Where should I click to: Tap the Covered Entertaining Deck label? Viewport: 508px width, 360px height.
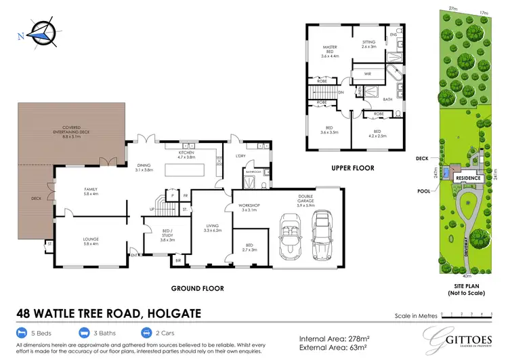coord(71,129)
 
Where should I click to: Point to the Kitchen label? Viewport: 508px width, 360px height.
coord(186,155)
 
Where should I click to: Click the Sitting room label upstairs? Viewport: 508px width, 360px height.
coord(369,44)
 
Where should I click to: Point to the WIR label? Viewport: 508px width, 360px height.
coord(367,73)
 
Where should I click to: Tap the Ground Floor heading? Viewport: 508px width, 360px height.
coord(198,288)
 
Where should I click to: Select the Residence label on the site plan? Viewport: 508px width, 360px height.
coord(467,178)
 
